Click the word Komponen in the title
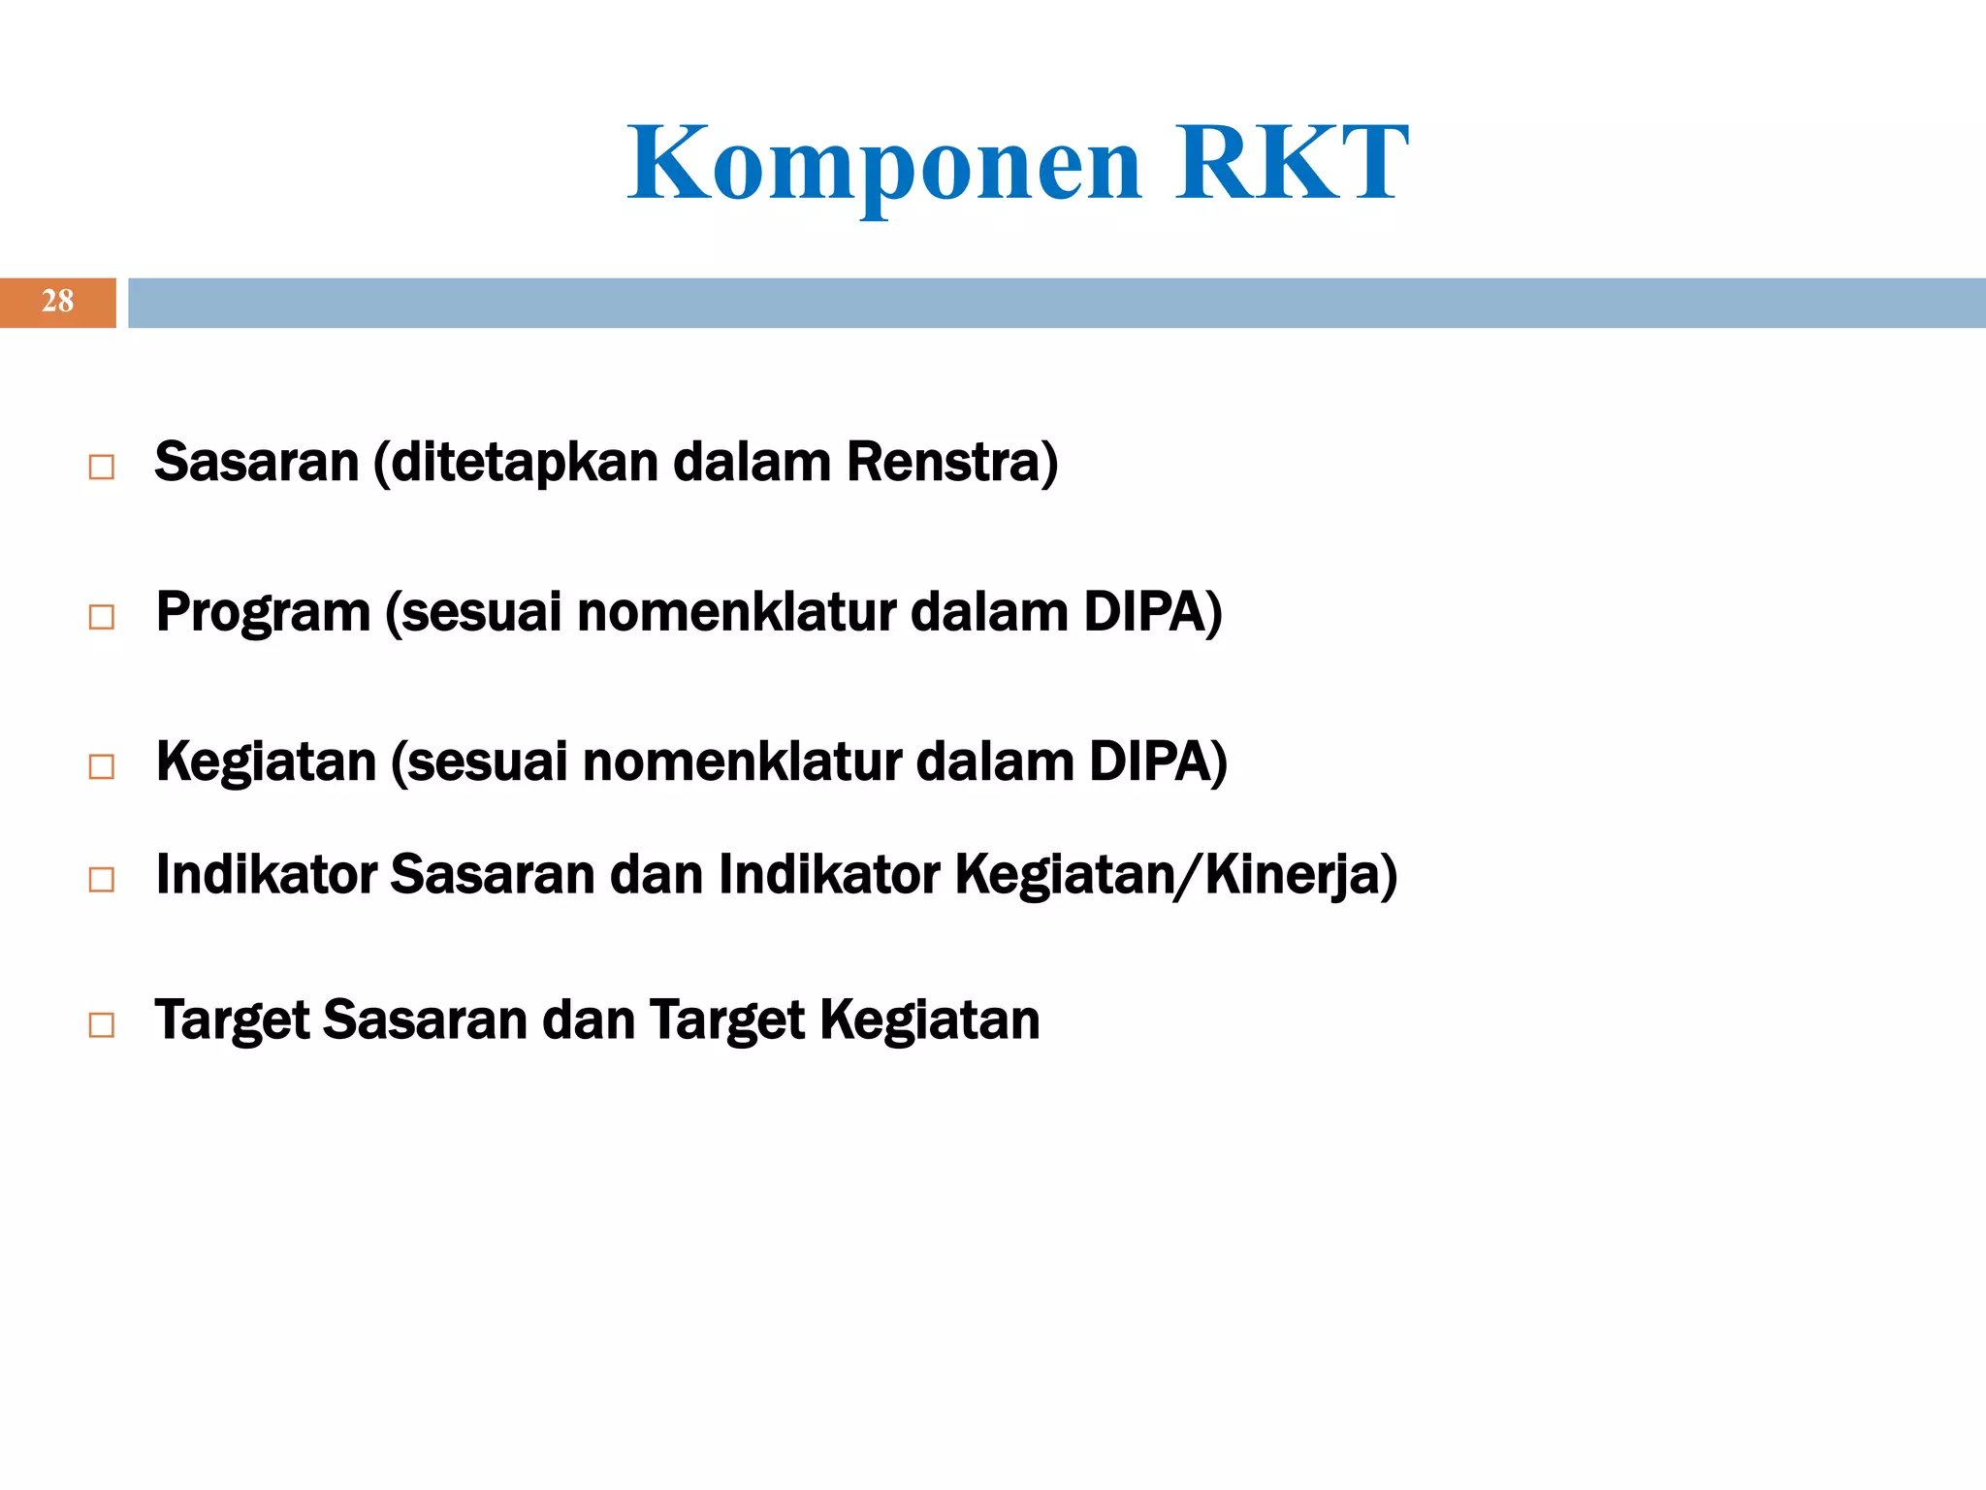pyautogui.click(x=884, y=165)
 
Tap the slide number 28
pyautogui.click(x=57, y=302)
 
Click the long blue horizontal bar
pyautogui.click(x=1055, y=303)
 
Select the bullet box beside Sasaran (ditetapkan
pyautogui.click(x=101, y=468)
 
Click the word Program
pyautogui.click(x=264, y=613)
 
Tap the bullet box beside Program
pyautogui.click(x=101, y=617)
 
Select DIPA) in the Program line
pyautogui.click(x=1152, y=613)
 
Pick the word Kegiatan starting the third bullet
pyautogui.click(x=266, y=762)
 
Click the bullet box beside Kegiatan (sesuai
pyautogui.click(x=101, y=767)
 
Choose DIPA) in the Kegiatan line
pyautogui.click(x=1158, y=762)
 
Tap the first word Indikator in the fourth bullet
pyautogui.click(x=267, y=875)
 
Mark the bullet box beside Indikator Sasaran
pyautogui.click(x=101, y=880)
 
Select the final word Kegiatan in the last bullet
pyautogui.click(x=929, y=1021)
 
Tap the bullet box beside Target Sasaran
pyautogui.click(x=101, y=1025)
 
